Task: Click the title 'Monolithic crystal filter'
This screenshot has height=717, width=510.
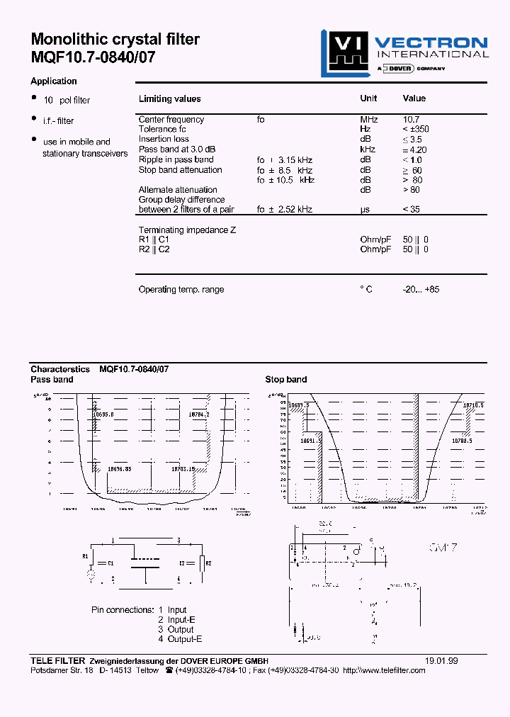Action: [x=115, y=40]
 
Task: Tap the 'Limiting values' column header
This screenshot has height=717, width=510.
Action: [x=169, y=99]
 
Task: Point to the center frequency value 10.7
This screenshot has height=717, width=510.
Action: [x=412, y=120]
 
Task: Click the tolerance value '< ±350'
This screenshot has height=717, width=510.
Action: [x=416, y=130]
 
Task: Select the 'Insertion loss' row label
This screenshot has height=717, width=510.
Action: [x=164, y=140]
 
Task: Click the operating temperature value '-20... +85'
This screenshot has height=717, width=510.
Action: [x=421, y=290]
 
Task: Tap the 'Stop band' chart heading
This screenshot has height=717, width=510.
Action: [x=286, y=380]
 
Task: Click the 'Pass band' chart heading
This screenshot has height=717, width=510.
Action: [x=52, y=380]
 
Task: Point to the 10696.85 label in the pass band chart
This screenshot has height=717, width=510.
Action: [x=119, y=469]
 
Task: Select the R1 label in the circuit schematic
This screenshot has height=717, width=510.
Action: [x=86, y=556]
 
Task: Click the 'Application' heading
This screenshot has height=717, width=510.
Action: [x=54, y=81]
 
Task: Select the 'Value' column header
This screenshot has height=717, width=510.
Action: [x=414, y=99]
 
